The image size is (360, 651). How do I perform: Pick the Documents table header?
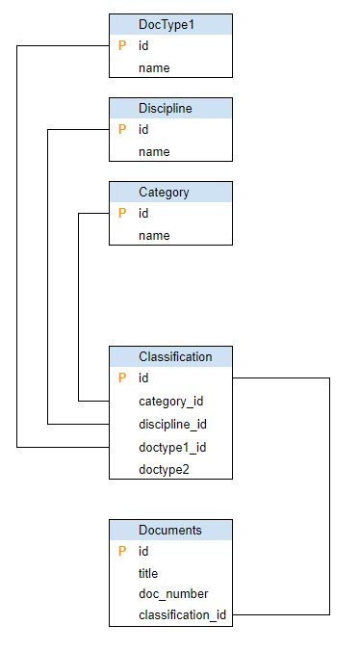tap(170, 530)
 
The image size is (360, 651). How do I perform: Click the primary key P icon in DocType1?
tap(122, 45)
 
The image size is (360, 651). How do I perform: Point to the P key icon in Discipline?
tap(122, 129)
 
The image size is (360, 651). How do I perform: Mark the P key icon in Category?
tap(122, 213)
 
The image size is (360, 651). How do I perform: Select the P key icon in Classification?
tap(122, 378)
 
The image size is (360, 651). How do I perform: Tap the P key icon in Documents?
tap(122, 551)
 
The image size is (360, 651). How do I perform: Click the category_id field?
tap(170, 401)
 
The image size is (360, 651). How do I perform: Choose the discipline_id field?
tap(172, 424)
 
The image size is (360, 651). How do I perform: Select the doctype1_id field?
tap(172, 447)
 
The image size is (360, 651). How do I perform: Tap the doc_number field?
tap(173, 593)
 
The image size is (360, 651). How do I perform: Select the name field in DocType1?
tap(154, 68)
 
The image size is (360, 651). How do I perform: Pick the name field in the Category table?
tap(154, 235)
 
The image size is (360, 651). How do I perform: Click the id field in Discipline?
tap(143, 129)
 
